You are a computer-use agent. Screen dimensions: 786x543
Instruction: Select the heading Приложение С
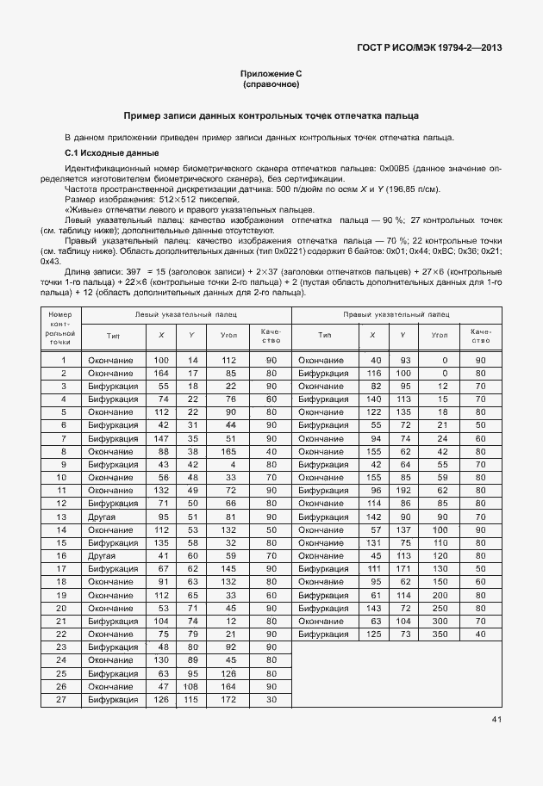[271, 74]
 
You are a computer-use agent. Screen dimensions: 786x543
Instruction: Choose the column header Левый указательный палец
[188, 315]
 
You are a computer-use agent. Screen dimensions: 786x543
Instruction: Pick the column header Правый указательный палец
[396, 315]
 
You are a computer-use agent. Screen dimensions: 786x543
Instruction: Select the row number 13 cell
[62, 517]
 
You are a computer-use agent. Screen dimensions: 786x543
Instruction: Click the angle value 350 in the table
[440, 634]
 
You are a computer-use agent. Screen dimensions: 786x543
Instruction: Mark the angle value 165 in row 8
[228, 451]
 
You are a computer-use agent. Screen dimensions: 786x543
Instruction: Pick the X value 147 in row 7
[160, 438]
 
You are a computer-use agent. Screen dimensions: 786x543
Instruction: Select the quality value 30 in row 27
[271, 699]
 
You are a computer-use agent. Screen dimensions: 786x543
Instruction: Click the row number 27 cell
[62, 699]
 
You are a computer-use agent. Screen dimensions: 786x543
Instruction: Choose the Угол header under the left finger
[228, 336]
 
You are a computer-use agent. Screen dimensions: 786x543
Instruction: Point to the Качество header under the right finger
[481, 336]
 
